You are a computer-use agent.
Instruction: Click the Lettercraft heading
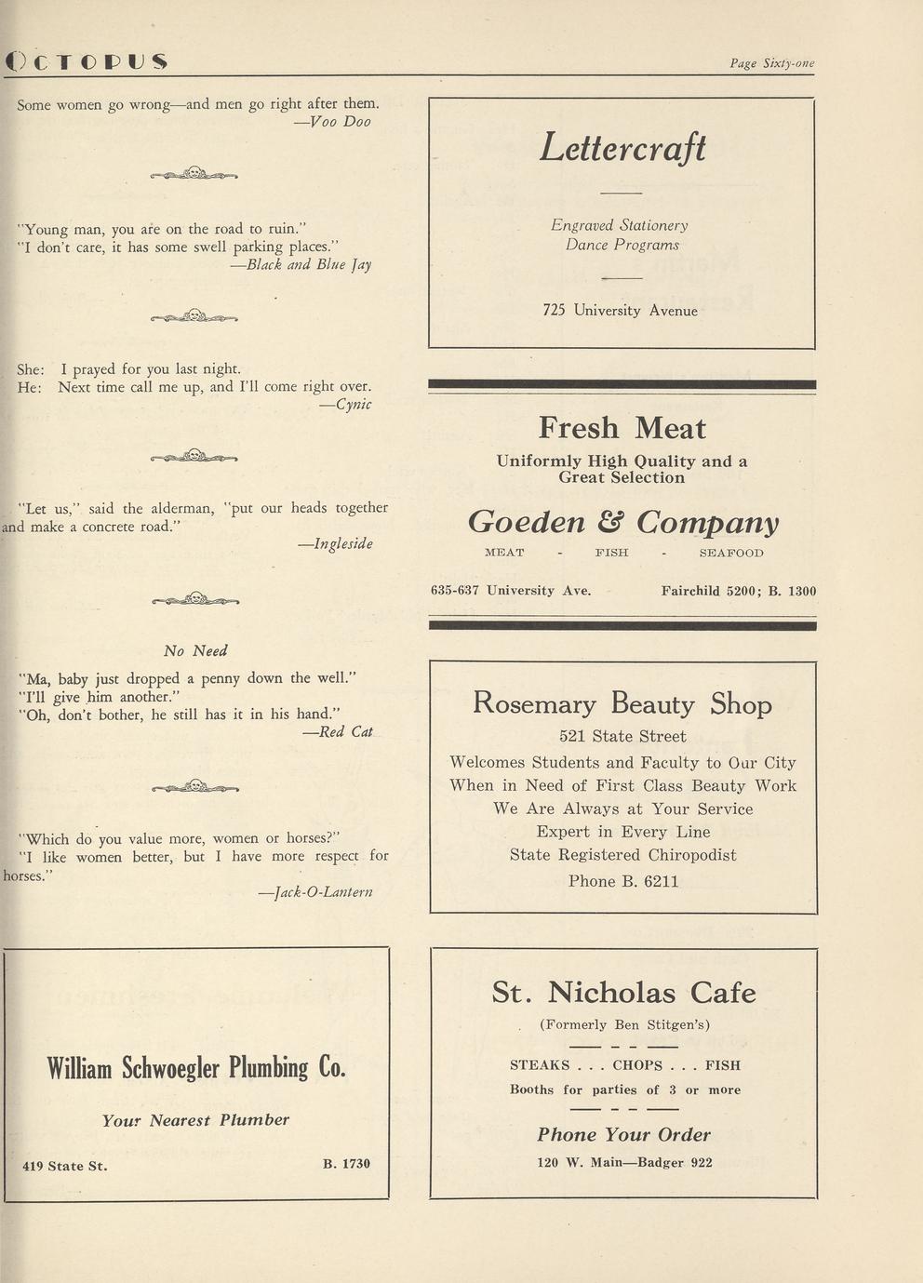click(622, 148)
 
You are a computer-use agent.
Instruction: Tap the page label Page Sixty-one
click(771, 63)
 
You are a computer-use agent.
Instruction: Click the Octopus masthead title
click(86, 61)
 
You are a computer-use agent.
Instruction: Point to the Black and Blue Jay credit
click(301, 264)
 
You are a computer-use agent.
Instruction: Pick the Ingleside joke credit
click(335, 543)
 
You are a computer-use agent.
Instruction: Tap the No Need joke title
click(195, 650)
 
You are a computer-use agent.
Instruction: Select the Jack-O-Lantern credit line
click(315, 891)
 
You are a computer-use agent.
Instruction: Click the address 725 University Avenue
click(620, 310)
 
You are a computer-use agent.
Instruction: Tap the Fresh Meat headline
click(622, 428)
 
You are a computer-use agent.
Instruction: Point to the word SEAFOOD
click(730, 553)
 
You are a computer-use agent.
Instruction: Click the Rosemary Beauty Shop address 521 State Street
click(622, 736)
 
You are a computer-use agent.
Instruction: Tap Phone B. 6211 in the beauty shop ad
click(622, 880)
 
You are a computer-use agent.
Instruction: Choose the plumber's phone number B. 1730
click(346, 1163)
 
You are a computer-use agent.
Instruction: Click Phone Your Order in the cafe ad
click(623, 1134)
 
